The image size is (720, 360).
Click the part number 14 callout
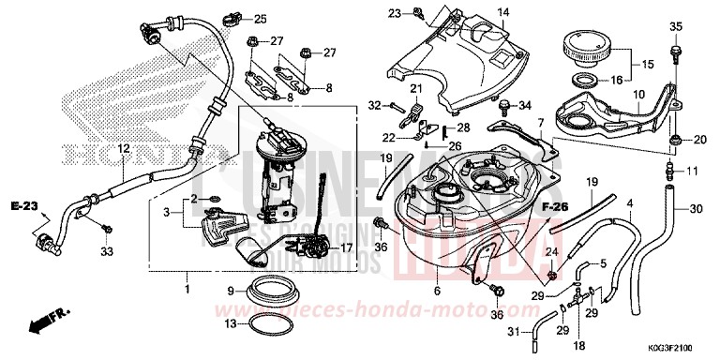coord(502,12)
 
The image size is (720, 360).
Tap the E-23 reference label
coord(24,204)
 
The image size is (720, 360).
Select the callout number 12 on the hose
coord(123,149)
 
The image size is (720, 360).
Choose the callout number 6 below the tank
coord(438,292)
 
